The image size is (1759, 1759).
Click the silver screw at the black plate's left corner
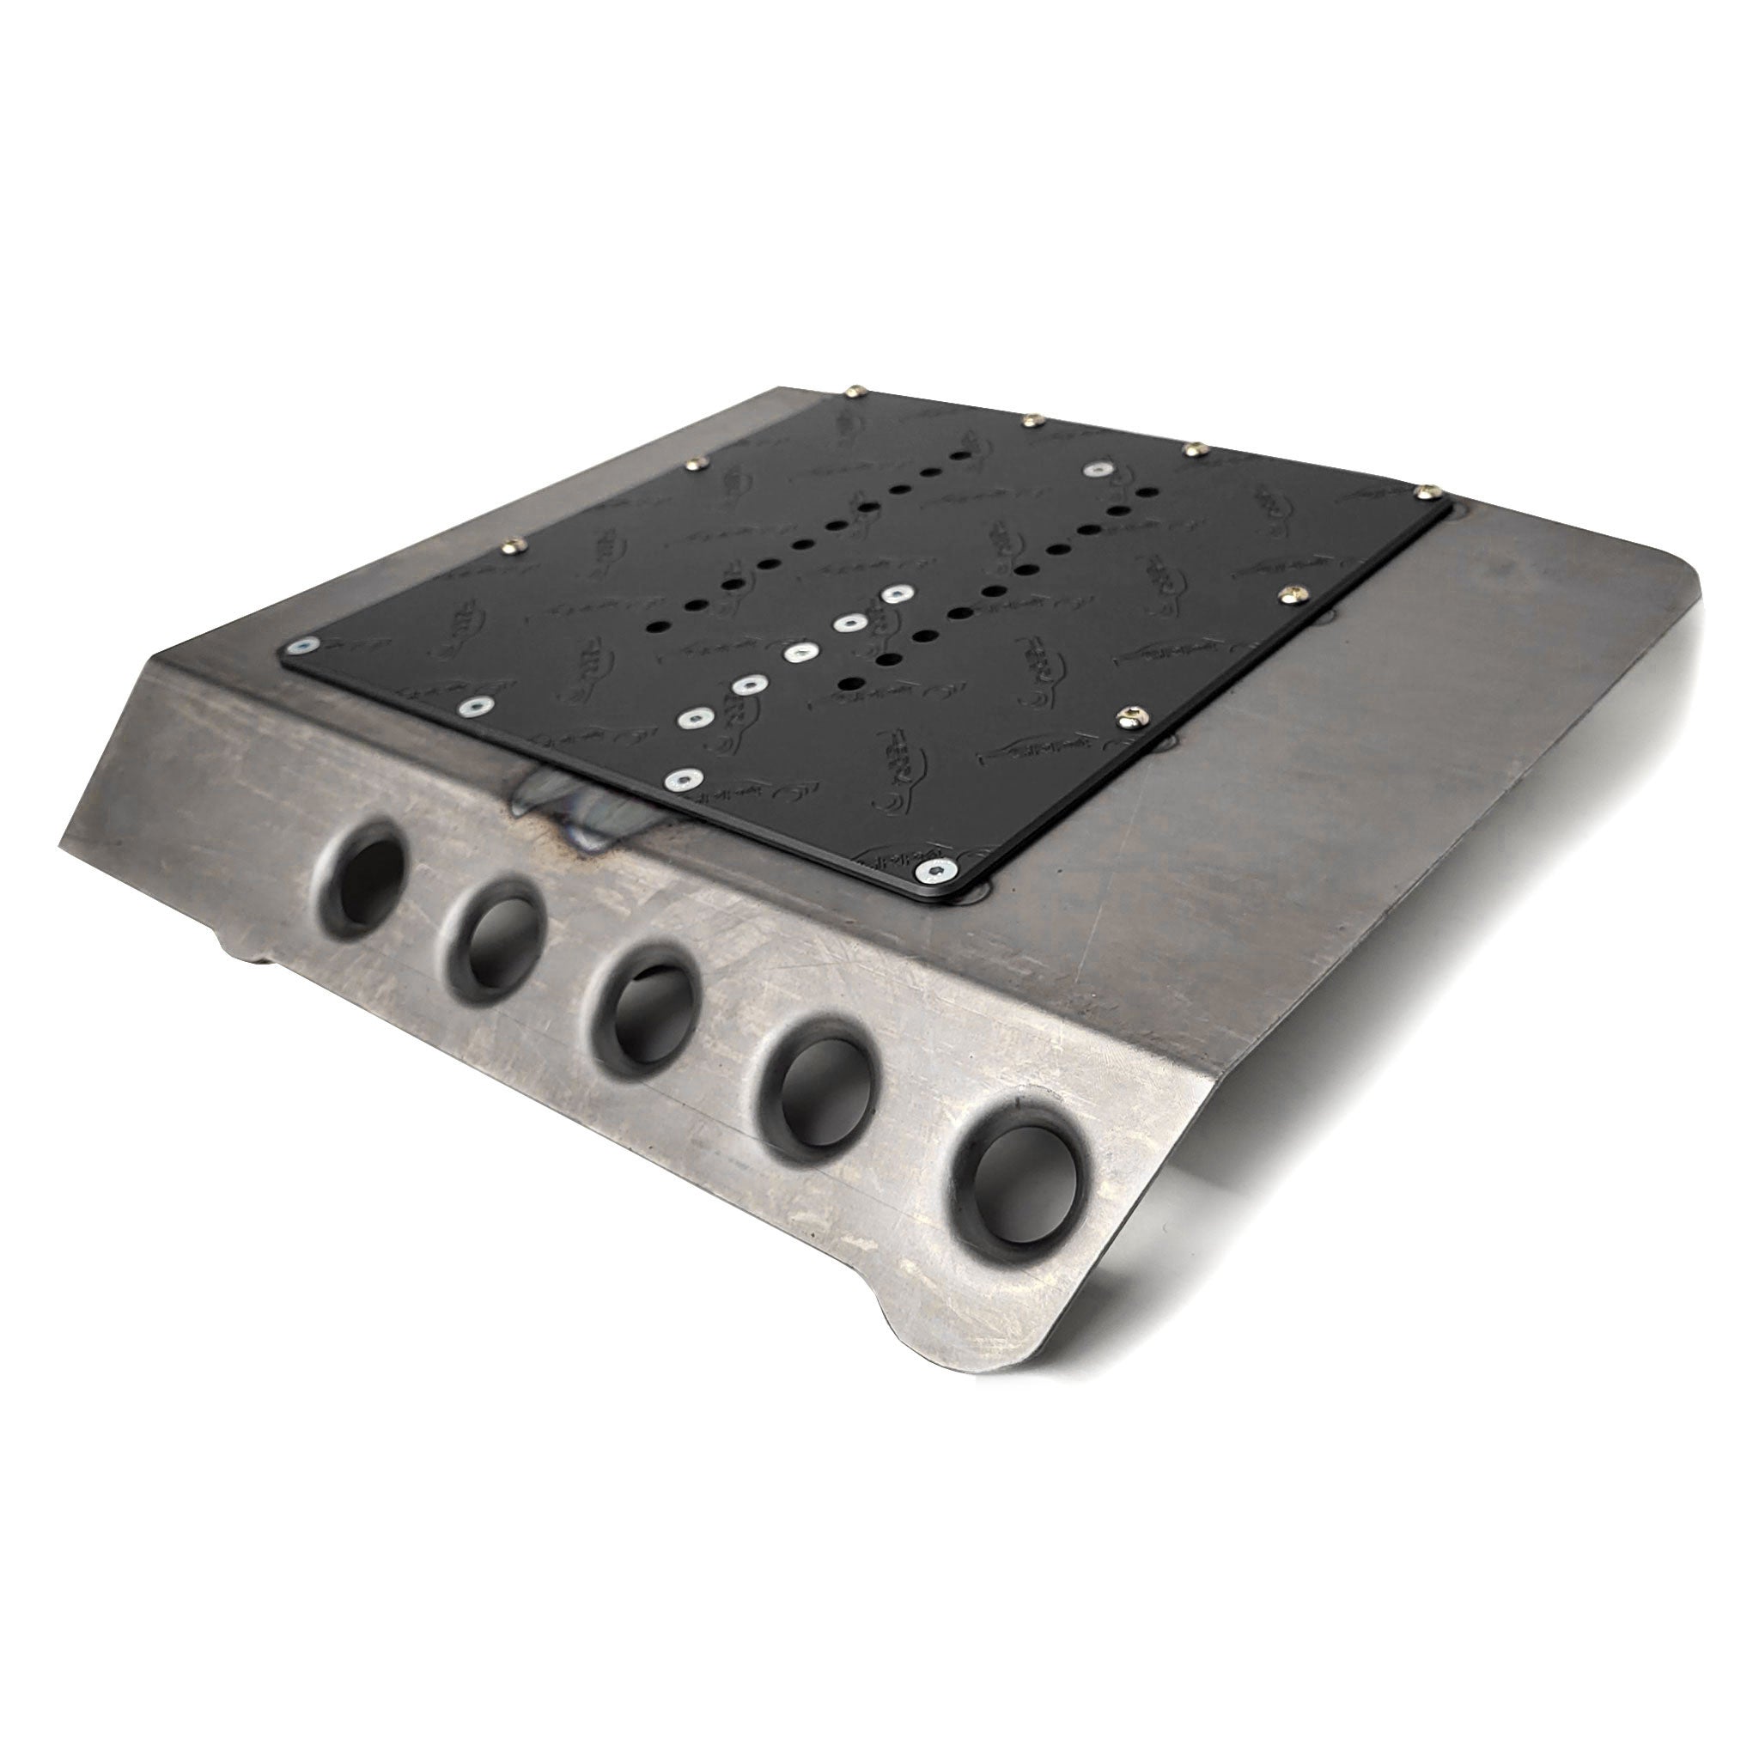(300, 647)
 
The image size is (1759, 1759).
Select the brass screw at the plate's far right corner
(1427, 490)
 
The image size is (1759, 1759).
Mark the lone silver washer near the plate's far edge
(1095, 471)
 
